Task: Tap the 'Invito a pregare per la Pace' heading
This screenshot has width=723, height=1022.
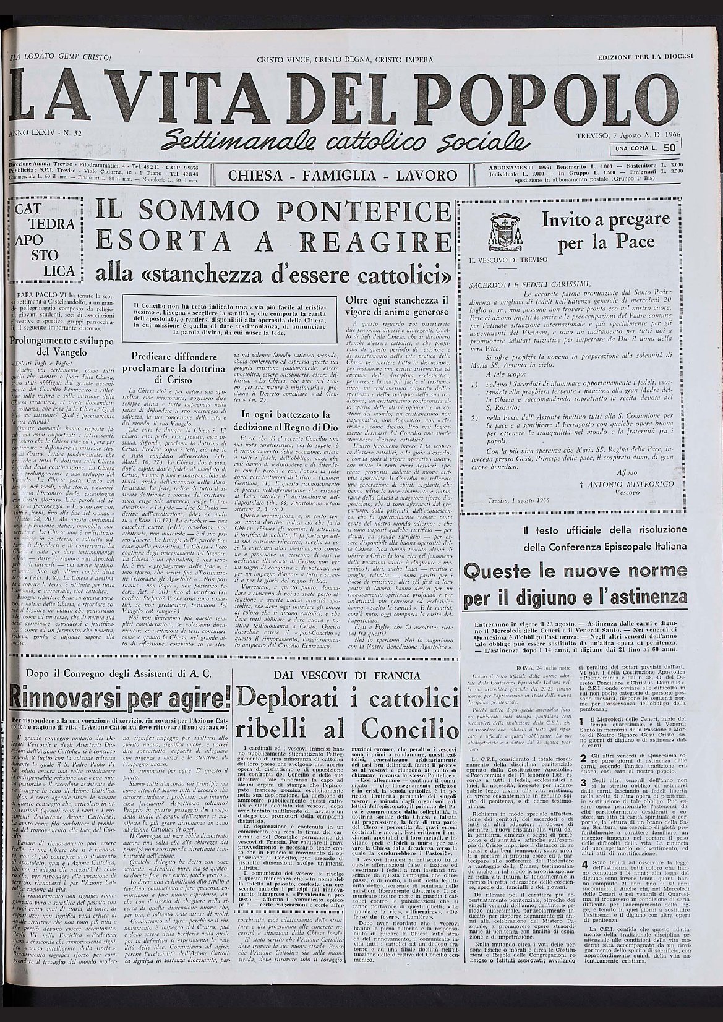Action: coord(605,231)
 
